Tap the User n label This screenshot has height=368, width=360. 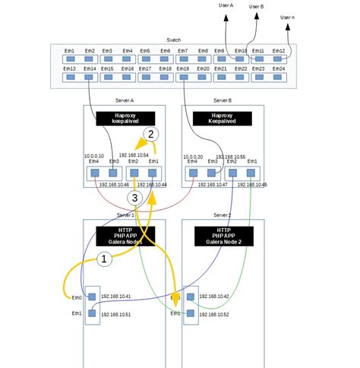click(288, 17)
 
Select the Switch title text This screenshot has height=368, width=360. click(173, 40)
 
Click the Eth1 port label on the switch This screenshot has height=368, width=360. click(70, 51)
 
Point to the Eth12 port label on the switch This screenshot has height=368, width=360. click(279, 51)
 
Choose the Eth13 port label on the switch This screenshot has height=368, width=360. click(70, 68)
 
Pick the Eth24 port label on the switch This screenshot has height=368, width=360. click(279, 68)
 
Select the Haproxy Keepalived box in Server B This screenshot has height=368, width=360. click(223, 117)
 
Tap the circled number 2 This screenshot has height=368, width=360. click(151, 134)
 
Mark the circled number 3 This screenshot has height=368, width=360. click(134, 198)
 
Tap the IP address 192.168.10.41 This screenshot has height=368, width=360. click(118, 296)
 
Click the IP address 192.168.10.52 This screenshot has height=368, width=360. click(214, 314)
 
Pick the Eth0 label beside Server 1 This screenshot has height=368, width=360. click(77, 297)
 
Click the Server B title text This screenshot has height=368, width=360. click(223, 100)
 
